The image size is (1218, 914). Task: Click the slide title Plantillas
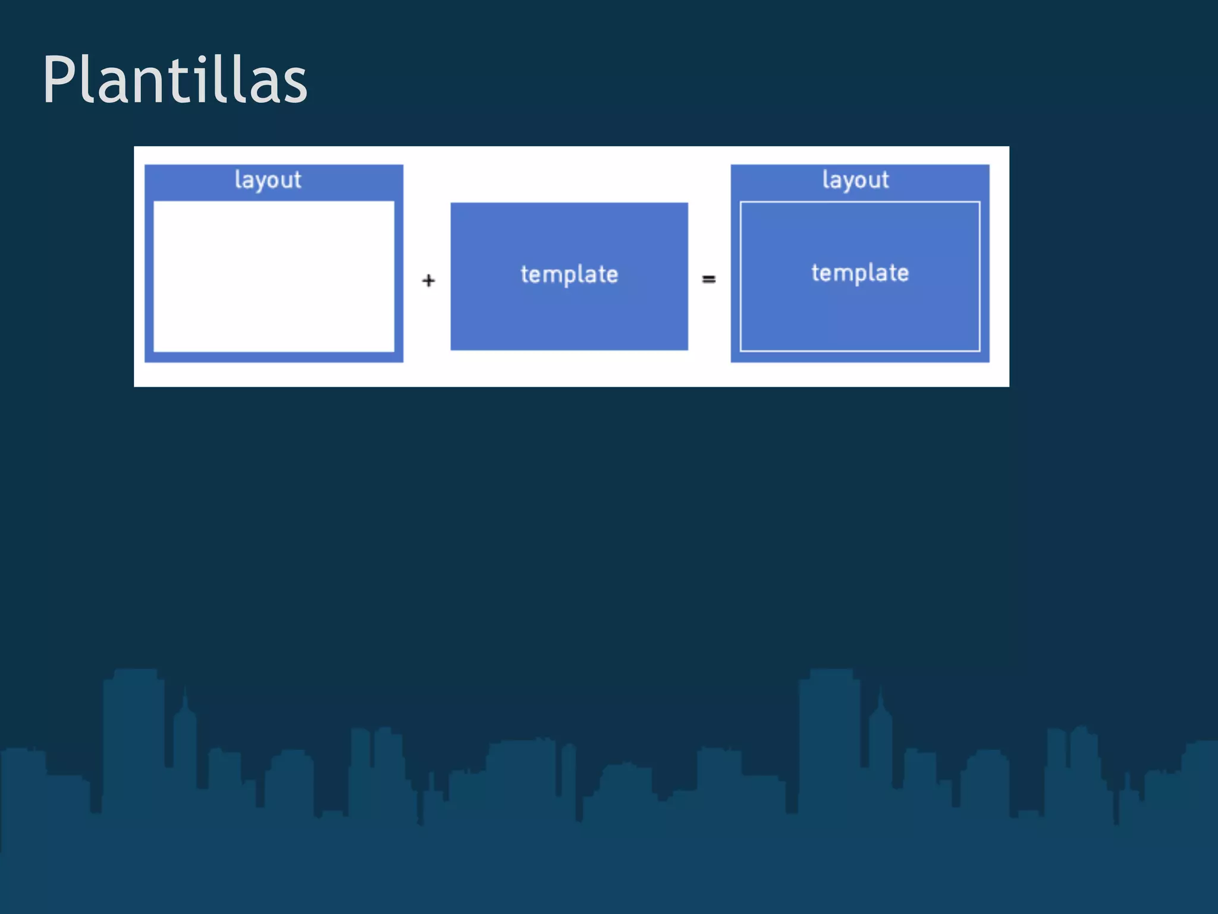click(175, 80)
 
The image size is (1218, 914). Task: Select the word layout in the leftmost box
click(268, 180)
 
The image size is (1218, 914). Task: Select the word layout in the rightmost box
click(855, 180)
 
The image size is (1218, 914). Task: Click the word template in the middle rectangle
click(569, 274)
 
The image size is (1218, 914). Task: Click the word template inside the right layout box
click(860, 273)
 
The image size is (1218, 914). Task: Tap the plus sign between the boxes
click(428, 280)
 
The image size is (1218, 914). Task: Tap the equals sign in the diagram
click(708, 278)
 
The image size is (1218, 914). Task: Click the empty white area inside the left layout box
click(274, 277)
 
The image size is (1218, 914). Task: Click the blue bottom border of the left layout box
click(274, 357)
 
